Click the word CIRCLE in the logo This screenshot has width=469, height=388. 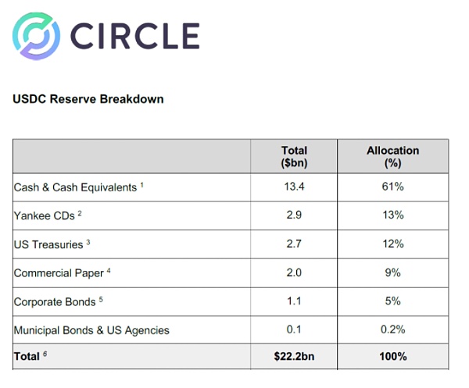tap(134, 36)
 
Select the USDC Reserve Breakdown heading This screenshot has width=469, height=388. tap(88, 100)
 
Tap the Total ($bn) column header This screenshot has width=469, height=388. tap(294, 156)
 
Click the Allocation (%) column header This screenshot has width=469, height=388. tap(393, 156)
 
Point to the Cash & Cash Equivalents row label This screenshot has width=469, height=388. tap(76, 187)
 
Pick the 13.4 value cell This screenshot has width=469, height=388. tap(294, 187)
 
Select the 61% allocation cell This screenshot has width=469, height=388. tap(393, 187)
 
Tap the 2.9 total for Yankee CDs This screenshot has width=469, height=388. tap(294, 215)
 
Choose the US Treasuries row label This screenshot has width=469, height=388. tap(49, 244)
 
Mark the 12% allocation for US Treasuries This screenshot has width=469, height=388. tap(393, 244)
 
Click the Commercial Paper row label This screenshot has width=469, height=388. tap(59, 273)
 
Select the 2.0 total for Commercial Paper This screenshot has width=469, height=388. tap(294, 273)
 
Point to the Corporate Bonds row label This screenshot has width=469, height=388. tap(55, 301)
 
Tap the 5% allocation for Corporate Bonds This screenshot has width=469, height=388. tap(393, 301)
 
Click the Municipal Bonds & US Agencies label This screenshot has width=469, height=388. tap(91, 330)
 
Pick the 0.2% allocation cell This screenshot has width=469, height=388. tap(393, 330)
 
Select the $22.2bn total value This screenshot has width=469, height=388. tap(294, 357)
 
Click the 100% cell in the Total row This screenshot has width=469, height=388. tap(393, 357)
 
